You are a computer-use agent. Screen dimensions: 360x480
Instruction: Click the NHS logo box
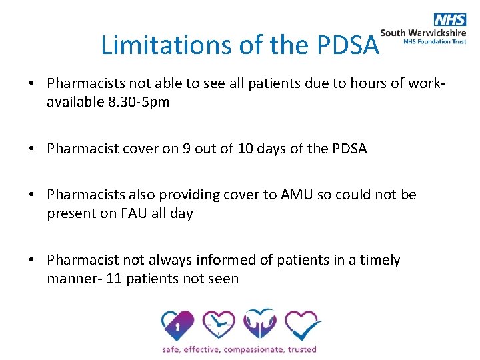(449, 19)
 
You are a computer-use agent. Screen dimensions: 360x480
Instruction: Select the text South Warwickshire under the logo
(423, 32)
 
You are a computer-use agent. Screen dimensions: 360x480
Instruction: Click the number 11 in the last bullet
(114, 279)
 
